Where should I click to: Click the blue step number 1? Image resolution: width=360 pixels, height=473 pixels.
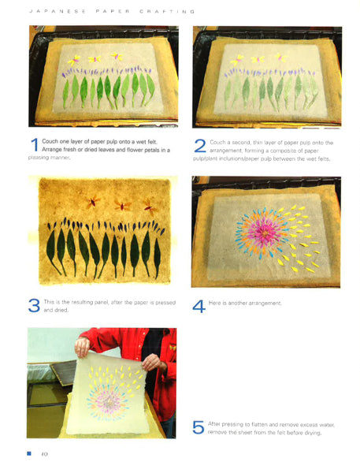coord(35,145)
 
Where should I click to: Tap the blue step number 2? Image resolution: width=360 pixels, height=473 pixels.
coord(200,146)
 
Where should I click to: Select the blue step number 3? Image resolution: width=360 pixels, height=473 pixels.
coord(34,306)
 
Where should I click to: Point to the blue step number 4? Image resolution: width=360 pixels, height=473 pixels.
coord(199,307)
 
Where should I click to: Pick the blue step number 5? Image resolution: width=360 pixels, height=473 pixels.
coord(198,428)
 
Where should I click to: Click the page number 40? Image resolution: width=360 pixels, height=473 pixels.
coord(44,454)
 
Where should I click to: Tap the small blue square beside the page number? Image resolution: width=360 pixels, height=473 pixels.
coord(29,453)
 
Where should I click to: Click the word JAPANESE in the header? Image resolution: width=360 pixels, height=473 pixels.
coord(58,12)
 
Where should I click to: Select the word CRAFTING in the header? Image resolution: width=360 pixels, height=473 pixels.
coord(167,12)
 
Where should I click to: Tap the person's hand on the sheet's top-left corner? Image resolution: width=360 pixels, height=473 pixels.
coord(82,347)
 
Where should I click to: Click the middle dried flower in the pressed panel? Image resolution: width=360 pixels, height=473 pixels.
coord(122,206)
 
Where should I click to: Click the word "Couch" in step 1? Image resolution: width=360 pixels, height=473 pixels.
coord(50,141)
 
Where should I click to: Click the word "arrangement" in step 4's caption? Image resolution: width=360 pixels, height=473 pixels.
coord(265,304)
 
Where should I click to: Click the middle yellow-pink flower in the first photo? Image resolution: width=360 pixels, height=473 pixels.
coord(95,59)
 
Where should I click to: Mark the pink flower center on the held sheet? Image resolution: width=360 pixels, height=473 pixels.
coord(109,402)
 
